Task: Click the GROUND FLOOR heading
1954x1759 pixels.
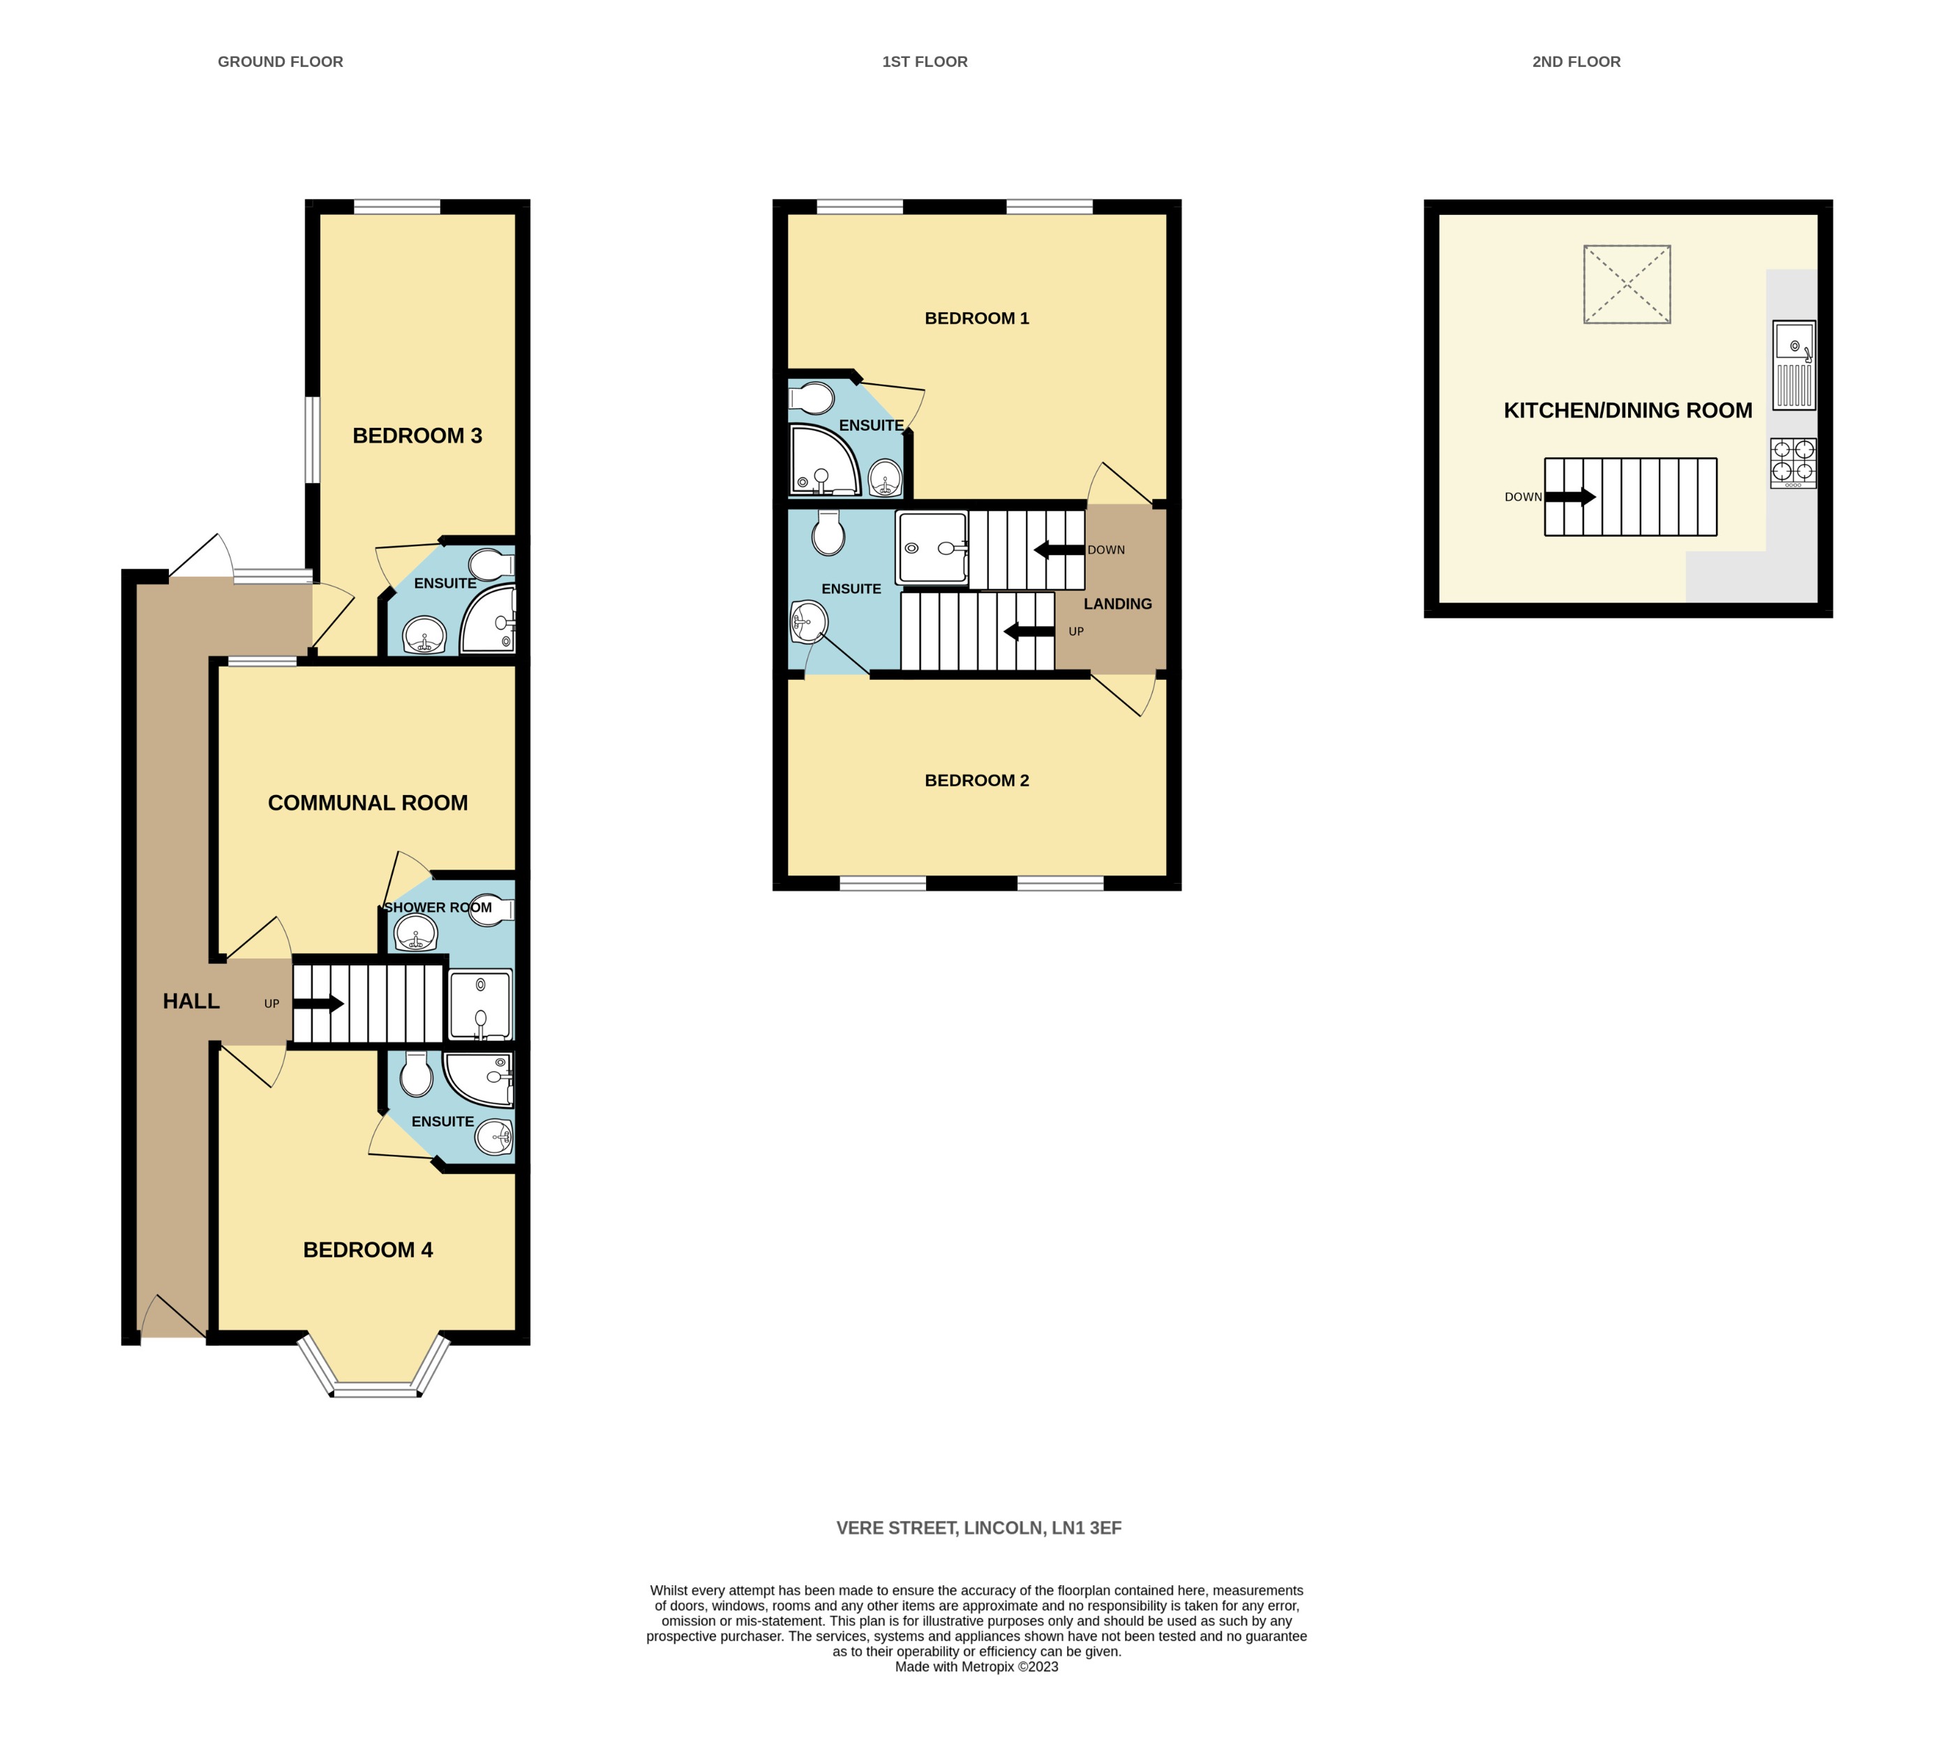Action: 281,62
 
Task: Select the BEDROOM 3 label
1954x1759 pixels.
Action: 417,436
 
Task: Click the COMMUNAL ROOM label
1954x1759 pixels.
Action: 367,803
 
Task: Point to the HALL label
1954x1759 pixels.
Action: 191,1001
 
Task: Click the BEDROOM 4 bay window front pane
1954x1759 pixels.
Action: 376,1390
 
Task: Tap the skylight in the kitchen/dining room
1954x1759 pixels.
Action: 1627,284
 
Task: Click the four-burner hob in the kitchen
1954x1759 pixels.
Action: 1793,463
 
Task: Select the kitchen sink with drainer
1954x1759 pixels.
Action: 1793,365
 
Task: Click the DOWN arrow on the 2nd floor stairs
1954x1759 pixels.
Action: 1570,497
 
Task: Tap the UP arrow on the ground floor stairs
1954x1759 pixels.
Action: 318,1003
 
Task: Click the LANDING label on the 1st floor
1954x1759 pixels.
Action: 1117,604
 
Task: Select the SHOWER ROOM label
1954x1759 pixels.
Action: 438,907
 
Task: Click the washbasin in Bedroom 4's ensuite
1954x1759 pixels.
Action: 495,1136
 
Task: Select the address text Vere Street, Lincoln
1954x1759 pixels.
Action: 978,1528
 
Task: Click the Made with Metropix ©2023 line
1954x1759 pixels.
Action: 976,1667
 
